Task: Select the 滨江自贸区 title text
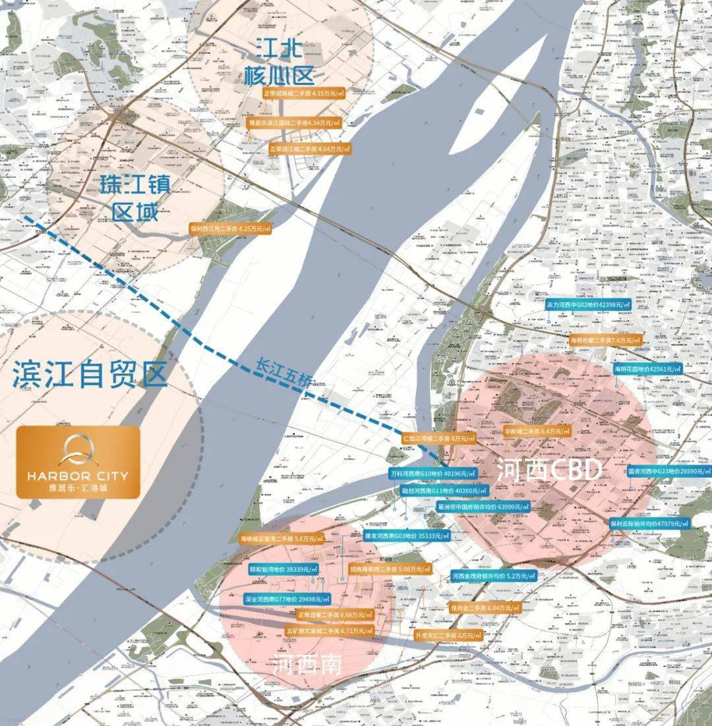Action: [90, 376]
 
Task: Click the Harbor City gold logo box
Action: [78, 461]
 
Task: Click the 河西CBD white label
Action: [549, 470]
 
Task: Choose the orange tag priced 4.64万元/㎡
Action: [310, 149]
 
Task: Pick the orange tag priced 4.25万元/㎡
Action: [230, 229]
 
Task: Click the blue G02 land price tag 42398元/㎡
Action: [588, 305]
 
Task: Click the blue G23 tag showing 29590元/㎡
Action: [668, 472]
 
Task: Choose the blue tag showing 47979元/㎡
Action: [649, 523]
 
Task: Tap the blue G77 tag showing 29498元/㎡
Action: [286, 600]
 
